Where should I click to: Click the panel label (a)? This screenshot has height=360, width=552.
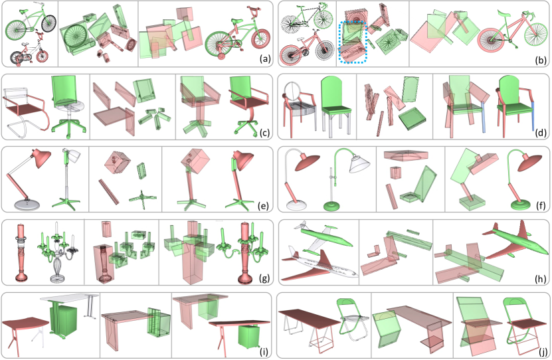[265, 59]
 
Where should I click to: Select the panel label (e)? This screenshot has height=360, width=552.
[262, 205]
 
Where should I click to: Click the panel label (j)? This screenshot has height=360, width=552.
[541, 351]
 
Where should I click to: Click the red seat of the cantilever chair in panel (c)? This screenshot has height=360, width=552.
[23, 110]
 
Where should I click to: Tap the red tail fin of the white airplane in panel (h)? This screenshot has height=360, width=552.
[326, 261]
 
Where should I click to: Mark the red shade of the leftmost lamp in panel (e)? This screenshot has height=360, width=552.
[42, 155]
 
